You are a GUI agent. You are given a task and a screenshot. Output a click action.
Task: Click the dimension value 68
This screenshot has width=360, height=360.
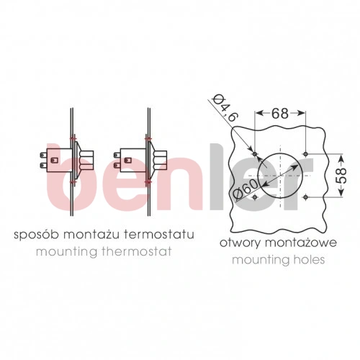click(x=280, y=113)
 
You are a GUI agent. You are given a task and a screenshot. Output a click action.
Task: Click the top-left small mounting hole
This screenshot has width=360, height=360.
click(x=255, y=153)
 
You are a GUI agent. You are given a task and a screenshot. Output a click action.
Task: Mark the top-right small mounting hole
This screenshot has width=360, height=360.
click(x=305, y=153)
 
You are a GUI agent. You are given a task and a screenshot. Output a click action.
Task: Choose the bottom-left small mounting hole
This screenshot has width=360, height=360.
click(x=255, y=197)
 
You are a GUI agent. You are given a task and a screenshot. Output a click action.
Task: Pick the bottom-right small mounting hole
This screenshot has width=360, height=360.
click(x=305, y=197)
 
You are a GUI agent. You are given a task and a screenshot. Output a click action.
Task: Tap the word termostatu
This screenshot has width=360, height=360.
click(x=159, y=234)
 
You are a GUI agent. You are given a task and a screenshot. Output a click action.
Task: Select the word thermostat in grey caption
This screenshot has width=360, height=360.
click(x=137, y=251)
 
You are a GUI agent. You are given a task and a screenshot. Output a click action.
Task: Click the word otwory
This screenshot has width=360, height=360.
click(x=240, y=243)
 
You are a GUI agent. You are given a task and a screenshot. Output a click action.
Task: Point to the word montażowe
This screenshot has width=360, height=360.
click(x=301, y=243)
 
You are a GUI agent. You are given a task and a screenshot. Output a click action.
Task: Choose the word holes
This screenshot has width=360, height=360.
click(x=309, y=260)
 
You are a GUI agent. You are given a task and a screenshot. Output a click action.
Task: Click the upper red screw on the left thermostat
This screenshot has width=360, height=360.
click(x=73, y=138)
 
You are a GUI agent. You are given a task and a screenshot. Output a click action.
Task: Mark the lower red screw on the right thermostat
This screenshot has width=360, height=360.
click(x=148, y=182)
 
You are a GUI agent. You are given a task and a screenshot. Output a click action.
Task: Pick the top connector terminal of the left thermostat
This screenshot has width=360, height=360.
click(x=43, y=156)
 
